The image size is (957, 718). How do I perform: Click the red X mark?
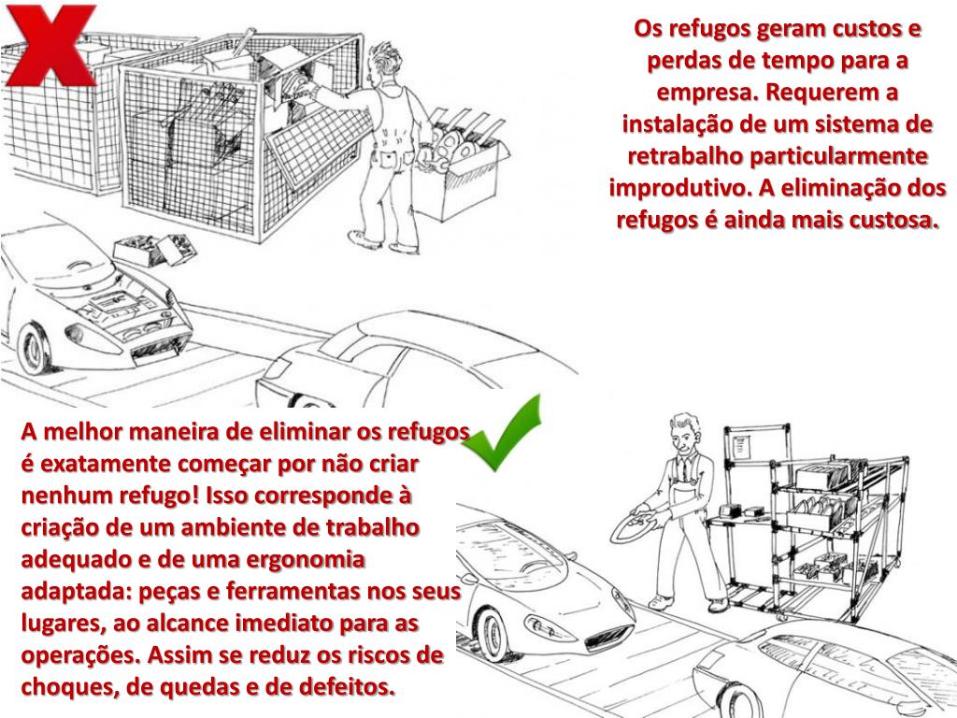pos(50,45)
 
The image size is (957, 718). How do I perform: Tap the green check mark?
pos(504,435)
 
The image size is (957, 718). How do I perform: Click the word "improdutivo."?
pos(680,187)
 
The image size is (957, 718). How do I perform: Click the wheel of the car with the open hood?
pos(35,349)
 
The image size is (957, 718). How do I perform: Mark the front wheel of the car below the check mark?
pos(493,635)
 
